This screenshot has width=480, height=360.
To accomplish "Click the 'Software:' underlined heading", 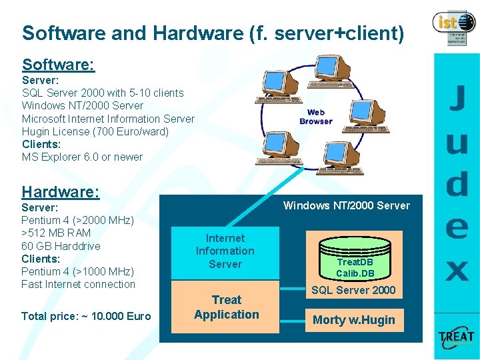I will pyautogui.click(x=58, y=65).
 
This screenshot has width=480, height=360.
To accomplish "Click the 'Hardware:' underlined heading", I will pyautogui.click(x=60, y=192).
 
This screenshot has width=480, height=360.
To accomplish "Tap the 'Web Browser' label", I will pyautogui.click(x=316, y=117).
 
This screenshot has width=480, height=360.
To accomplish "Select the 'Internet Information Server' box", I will pyautogui.click(x=225, y=251).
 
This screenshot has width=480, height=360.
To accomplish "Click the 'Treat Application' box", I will pyautogui.click(x=226, y=307).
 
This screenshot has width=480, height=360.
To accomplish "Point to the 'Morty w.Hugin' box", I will pyautogui.click(x=354, y=320).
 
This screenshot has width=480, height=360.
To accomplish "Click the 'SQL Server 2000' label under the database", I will pyautogui.click(x=353, y=290).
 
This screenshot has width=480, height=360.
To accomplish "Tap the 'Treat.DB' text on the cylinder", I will pyautogui.click(x=355, y=262).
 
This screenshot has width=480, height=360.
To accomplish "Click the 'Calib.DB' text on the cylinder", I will pyautogui.click(x=355, y=273).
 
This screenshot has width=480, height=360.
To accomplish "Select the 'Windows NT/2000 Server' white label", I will pyautogui.click(x=347, y=205).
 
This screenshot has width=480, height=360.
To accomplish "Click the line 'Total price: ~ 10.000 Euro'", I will pyautogui.click(x=86, y=316).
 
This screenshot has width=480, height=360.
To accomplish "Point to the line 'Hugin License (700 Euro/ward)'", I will pyautogui.click(x=95, y=131).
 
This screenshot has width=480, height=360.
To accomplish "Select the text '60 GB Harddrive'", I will pyautogui.click(x=61, y=246).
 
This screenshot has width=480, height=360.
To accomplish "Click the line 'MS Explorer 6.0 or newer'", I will pyautogui.click(x=82, y=157).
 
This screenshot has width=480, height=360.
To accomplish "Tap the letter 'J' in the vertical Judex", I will pyautogui.click(x=456, y=99).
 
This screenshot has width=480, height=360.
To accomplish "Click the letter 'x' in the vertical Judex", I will pyautogui.click(x=457, y=271).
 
